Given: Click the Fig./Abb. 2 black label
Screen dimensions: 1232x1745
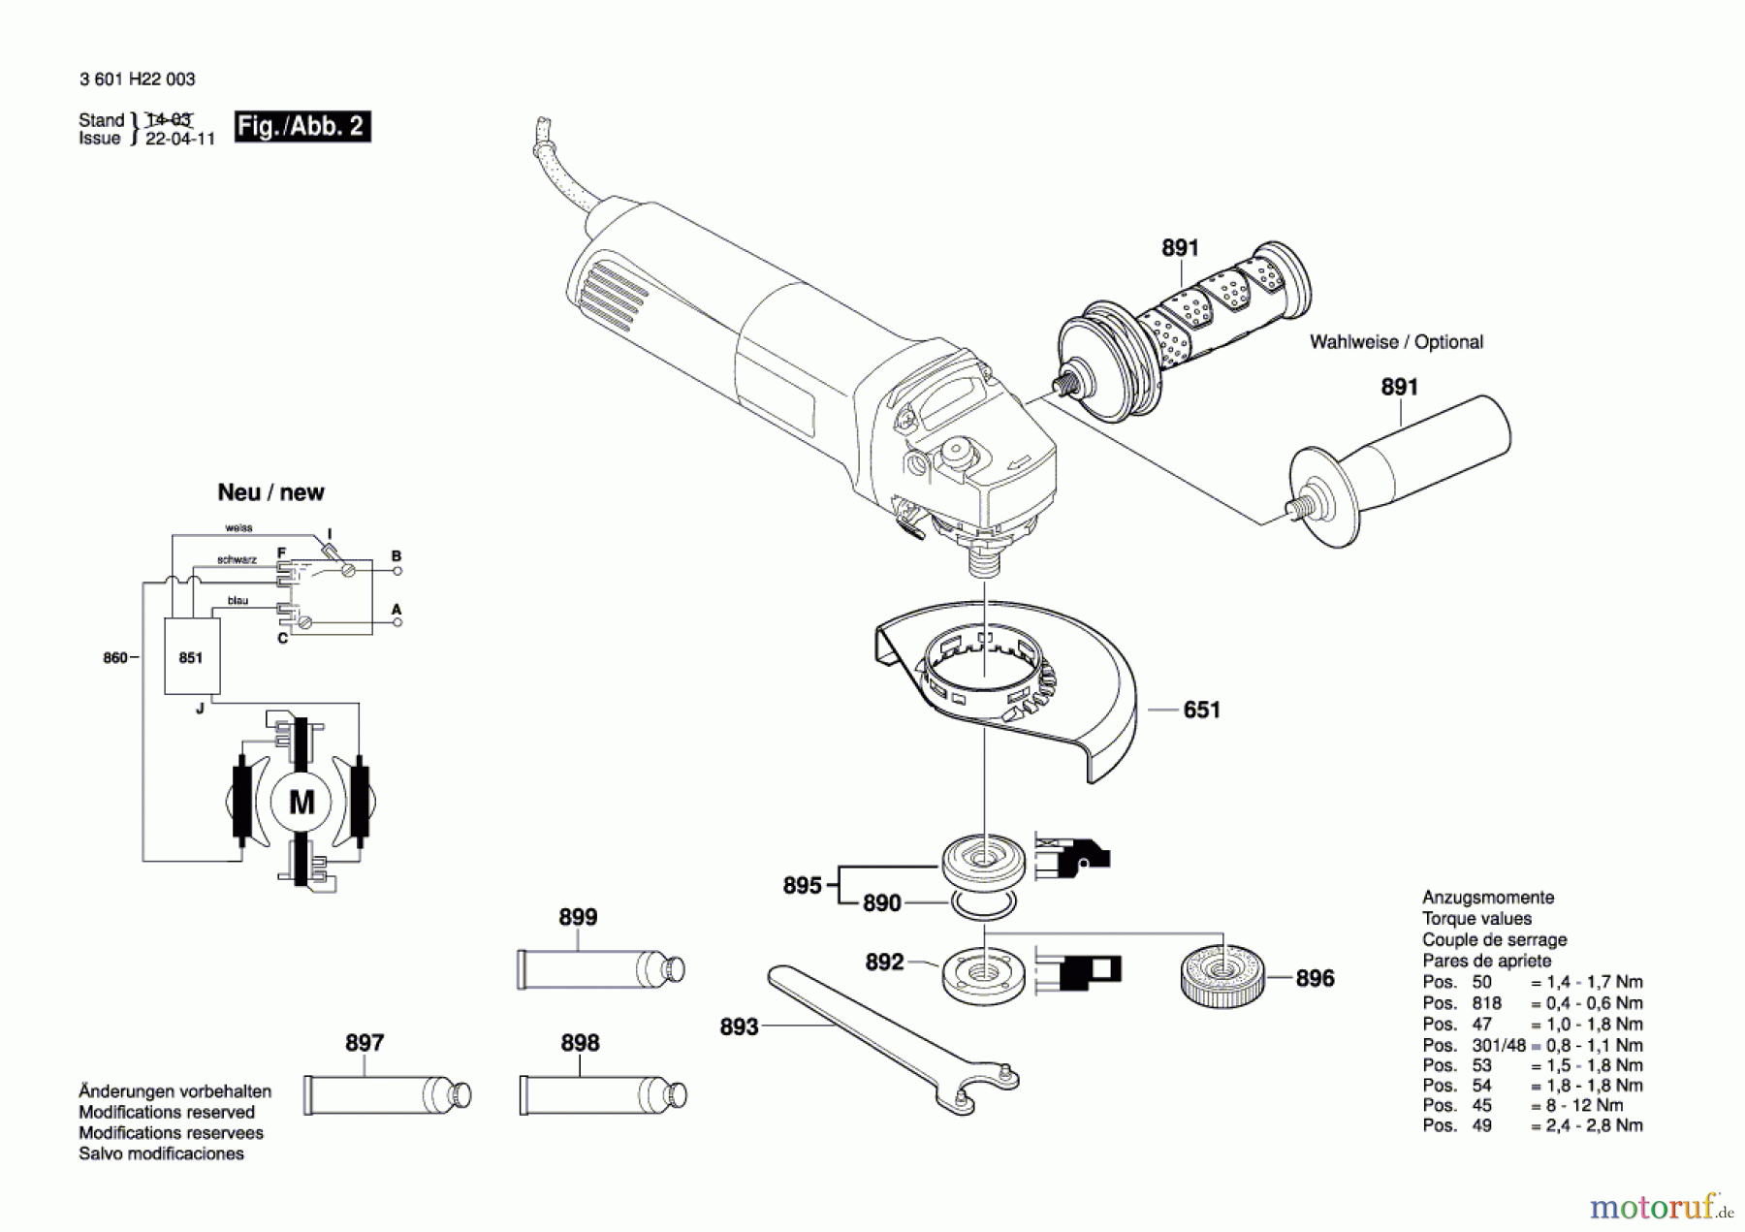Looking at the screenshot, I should pyautogui.click(x=301, y=127).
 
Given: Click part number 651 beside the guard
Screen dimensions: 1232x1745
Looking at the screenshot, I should pyautogui.click(x=1201, y=711).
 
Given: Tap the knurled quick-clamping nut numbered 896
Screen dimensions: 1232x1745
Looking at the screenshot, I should pyautogui.click(x=1222, y=975).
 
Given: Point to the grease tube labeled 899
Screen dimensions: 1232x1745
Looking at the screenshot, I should pyautogui.click(x=600, y=969).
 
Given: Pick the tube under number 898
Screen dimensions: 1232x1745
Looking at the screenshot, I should pyautogui.click(x=602, y=1095).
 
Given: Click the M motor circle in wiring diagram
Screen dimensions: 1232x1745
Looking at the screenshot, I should pyautogui.click(x=301, y=803).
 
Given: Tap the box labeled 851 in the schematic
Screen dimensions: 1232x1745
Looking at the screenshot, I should pyautogui.click(x=191, y=658).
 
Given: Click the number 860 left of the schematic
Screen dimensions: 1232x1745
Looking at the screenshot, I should pyautogui.click(x=115, y=658).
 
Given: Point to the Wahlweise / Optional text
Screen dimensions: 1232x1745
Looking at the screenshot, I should pyautogui.click(x=1396, y=342).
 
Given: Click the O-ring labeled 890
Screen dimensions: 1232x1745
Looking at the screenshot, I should pyautogui.click(x=984, y=905).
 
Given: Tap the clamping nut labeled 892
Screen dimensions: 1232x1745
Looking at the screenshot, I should pyautogui.click(x=983, y=973).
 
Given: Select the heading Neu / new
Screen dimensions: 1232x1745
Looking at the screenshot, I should pyautogui.click(x=270, y=492).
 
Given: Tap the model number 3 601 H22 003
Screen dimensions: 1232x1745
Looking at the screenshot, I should pyautogui.click(x=137, y=79).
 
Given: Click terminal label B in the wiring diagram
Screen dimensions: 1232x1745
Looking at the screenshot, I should pyautogui.click(x=396, y=556).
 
